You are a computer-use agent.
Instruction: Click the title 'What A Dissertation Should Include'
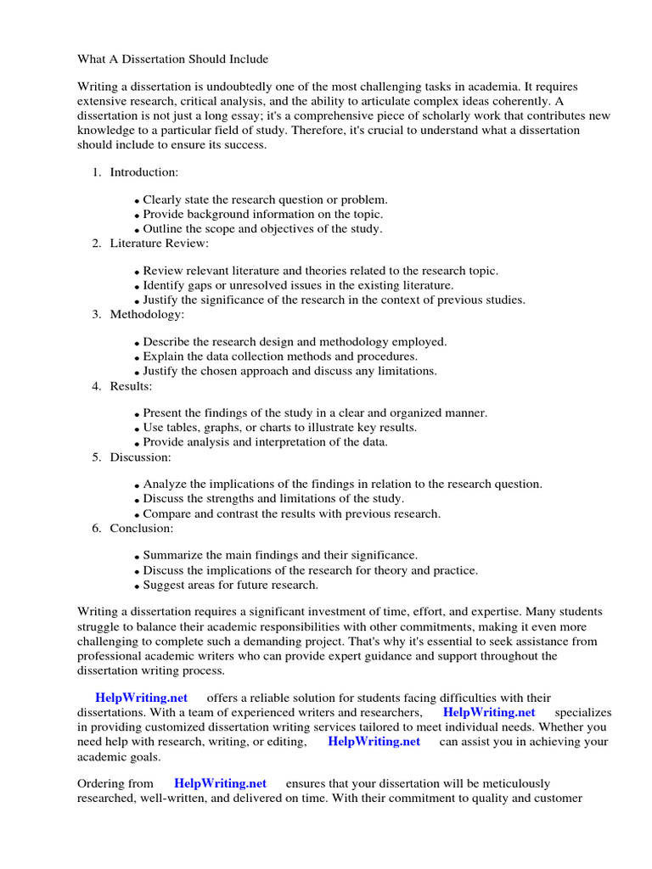[x=172, y=59]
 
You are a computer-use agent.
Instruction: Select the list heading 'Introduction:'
[x=143, y=172]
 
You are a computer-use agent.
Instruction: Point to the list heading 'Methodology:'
[x=146, y=315]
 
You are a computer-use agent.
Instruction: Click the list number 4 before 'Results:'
[x=96, y=386]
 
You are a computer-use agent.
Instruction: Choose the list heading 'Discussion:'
[x=140, y=457]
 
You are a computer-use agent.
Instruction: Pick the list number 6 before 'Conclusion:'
[x=96, y=529]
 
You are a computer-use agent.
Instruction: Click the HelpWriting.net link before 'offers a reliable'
[x=141, y=698]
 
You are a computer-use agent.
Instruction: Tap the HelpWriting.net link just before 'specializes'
[x=489, y=712]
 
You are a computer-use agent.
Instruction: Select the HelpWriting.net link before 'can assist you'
[x=374, y=741]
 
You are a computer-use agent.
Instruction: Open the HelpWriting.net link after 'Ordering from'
[x=220, y=783]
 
